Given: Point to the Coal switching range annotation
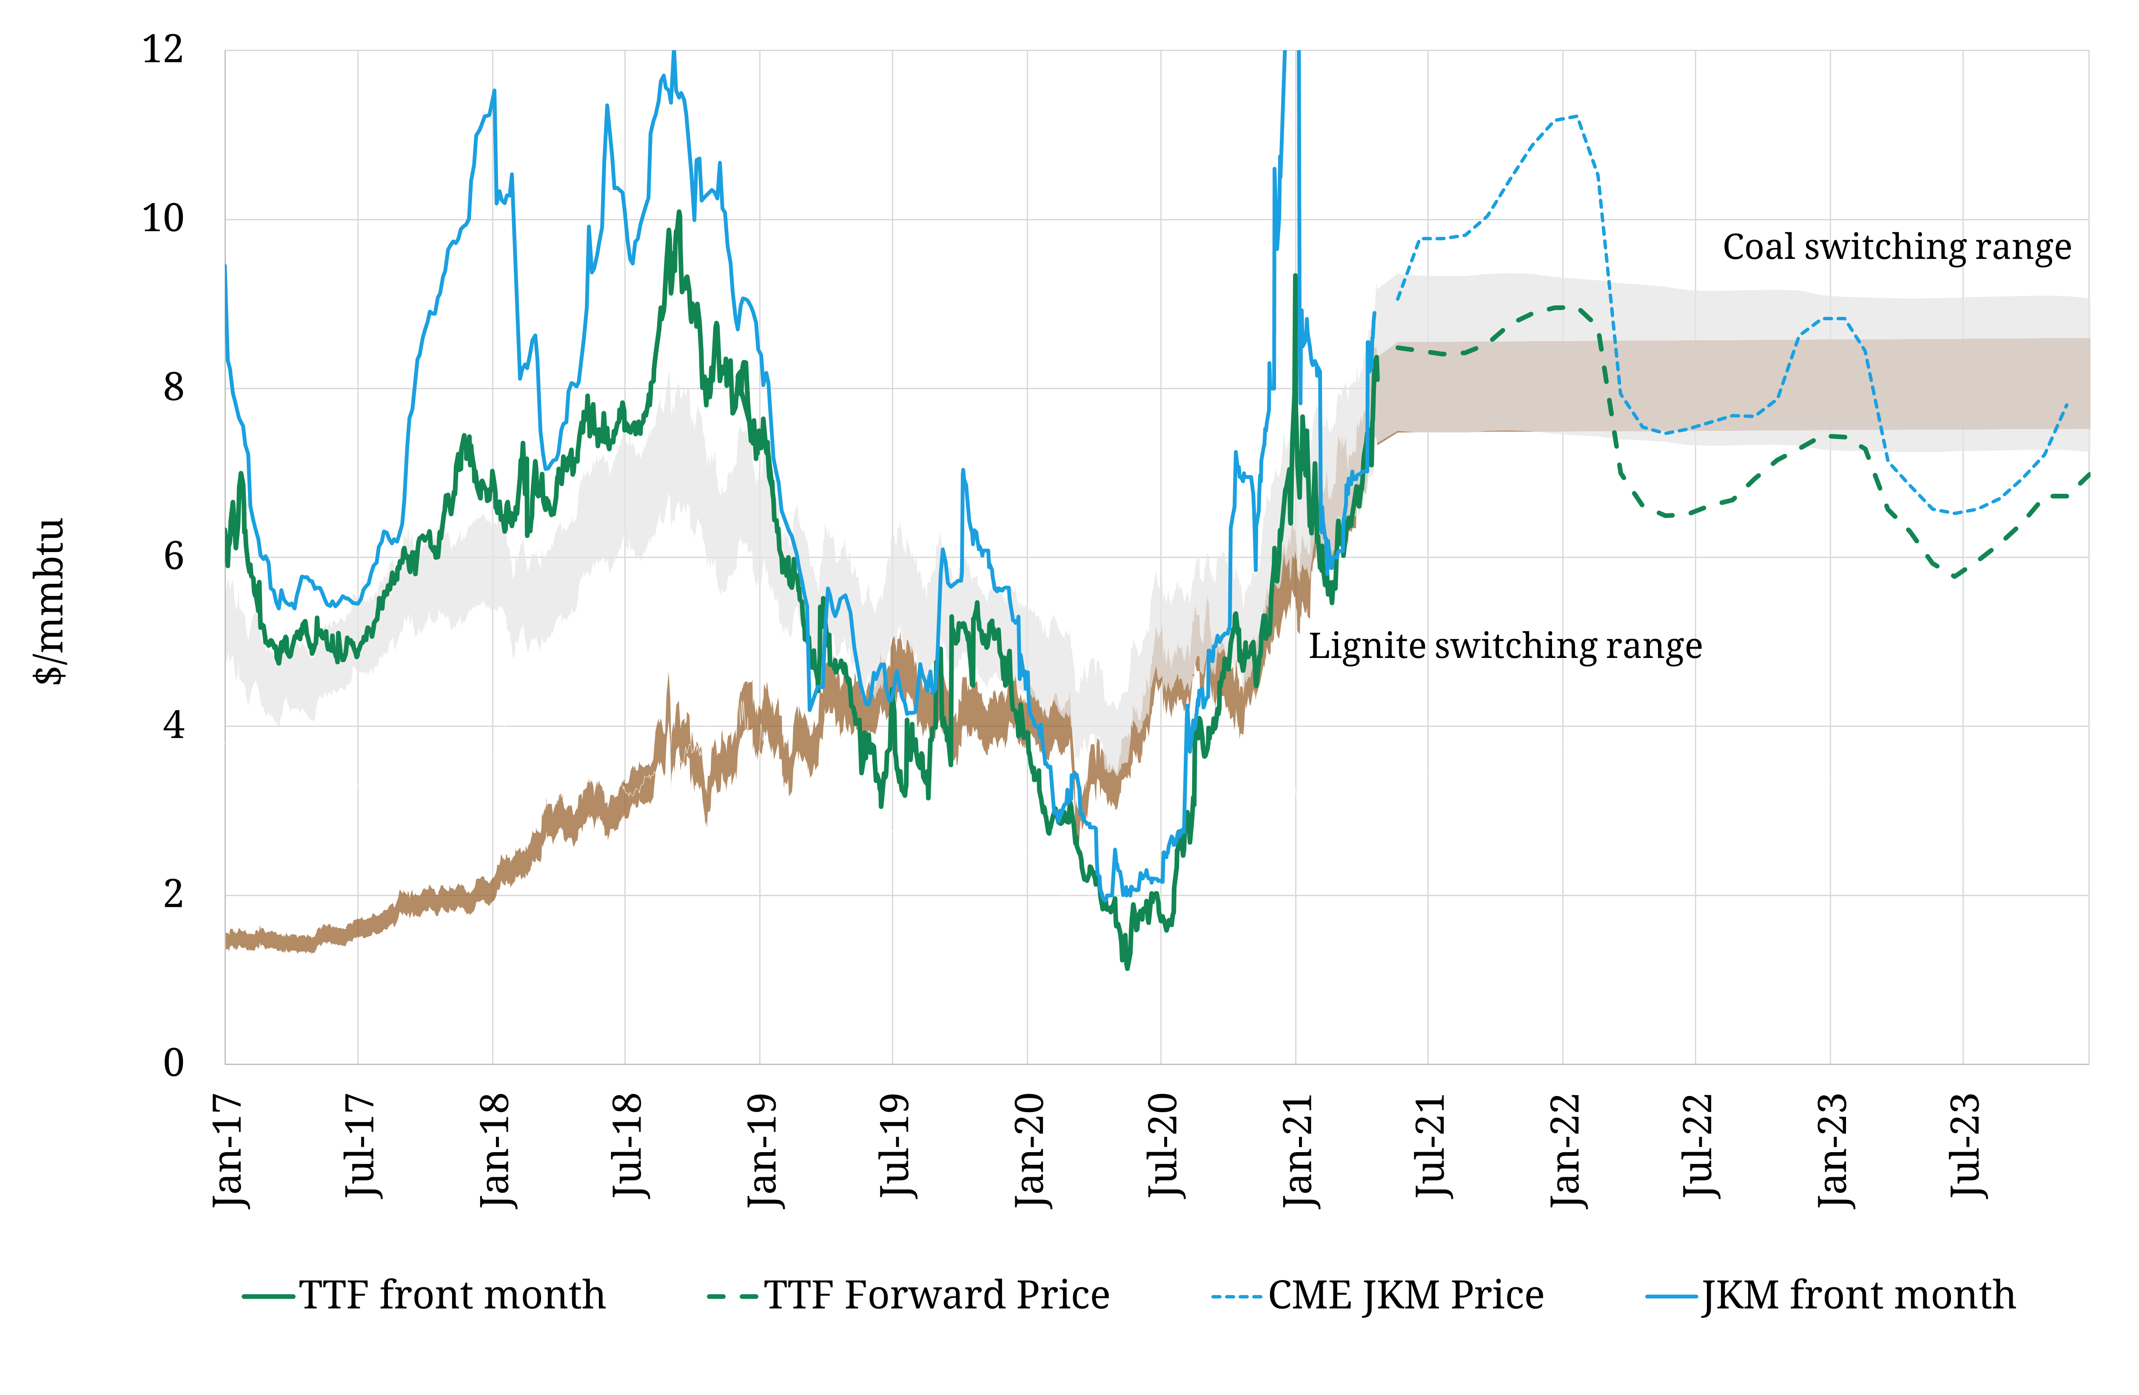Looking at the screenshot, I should [1896, 247].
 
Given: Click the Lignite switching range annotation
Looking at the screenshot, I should [1504, 646].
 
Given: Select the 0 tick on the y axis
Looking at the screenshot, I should [174, 1063].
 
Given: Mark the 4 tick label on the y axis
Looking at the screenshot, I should [174, 726].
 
